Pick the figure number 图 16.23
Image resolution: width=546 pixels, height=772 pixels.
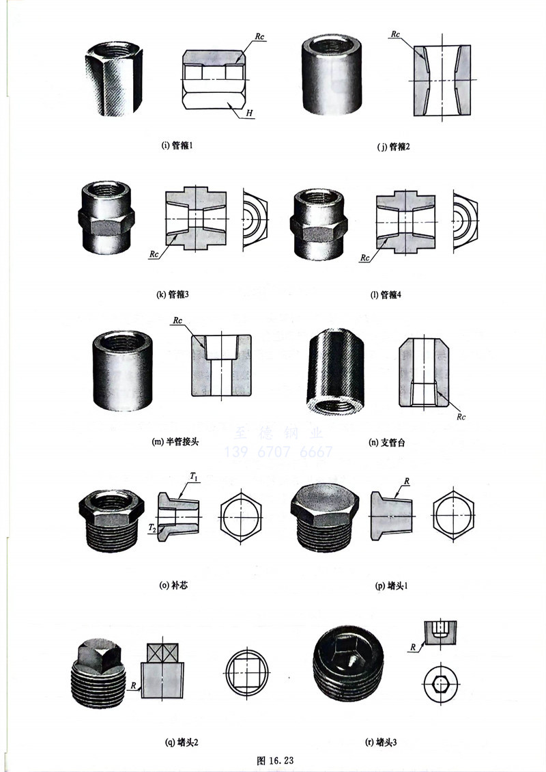[274, 760]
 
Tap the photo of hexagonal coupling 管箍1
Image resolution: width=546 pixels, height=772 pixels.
[113, 77]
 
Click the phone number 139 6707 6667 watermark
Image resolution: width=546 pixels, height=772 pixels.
[278, 452]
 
